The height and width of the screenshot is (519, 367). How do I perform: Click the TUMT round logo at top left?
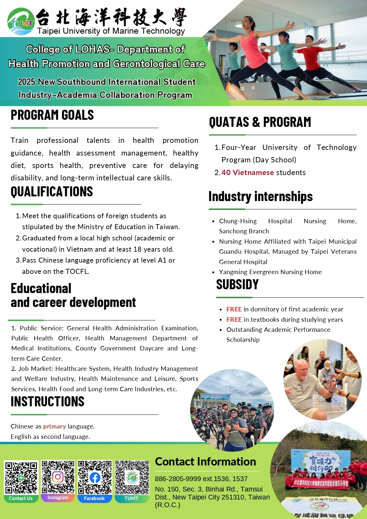[x=21, y=22]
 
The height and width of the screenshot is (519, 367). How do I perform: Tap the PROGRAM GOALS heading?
[x=52, y=115]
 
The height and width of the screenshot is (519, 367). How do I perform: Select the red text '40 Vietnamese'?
[x=248, y=173]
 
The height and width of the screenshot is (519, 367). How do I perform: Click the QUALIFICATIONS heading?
[x=52, y=192]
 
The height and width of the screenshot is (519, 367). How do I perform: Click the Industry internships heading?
[x=260, y=197]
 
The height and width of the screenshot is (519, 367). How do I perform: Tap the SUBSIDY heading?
[x=237, y=285]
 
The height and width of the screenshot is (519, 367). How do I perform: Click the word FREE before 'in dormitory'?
[x=234, y=309]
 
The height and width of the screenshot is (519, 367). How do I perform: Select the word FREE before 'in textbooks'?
[x=234, y=320]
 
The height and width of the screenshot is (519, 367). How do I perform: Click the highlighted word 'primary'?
[x=54, y=426]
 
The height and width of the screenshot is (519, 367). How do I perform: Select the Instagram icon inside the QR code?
[x=58, y=477]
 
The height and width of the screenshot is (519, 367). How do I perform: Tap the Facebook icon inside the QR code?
[x=95, y=478]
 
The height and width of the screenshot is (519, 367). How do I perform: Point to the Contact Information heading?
[x=206, y=462]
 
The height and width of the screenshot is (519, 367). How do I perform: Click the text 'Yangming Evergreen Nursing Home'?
[x=270, y=272]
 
